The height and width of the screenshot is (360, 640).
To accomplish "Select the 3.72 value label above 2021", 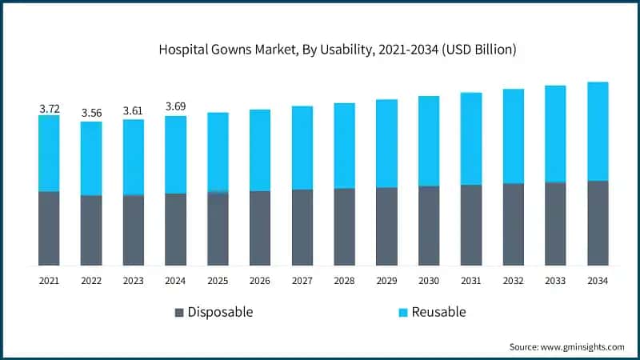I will [49, 107].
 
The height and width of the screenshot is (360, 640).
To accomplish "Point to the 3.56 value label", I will [91, 114].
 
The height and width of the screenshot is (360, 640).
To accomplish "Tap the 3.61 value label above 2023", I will [134, 111].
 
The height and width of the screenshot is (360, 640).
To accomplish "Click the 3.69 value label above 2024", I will [176, 107].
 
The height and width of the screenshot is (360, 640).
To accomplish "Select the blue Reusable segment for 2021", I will [49, 153].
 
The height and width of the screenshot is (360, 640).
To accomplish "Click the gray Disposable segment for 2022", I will [91, 230].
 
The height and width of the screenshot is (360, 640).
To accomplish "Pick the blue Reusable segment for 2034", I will [598, 131].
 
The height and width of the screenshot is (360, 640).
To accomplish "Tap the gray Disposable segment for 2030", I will [429, 226].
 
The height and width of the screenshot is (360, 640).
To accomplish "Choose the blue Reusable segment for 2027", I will [302, 147].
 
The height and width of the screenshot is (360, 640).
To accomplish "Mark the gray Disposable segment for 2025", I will [218, 229].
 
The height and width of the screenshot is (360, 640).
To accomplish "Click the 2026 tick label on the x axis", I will [260, 281].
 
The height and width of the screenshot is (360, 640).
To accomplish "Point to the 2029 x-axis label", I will [386, 281].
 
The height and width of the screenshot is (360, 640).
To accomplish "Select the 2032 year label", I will [513, 281].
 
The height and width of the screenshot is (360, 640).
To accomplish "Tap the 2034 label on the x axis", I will [598, 281].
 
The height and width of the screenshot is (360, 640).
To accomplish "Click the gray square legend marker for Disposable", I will [179, 312].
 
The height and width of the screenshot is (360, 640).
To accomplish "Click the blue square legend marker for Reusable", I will [403, 312].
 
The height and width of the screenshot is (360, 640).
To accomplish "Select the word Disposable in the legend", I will [220, 312].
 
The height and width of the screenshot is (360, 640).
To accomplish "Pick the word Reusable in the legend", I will [438, 312].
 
